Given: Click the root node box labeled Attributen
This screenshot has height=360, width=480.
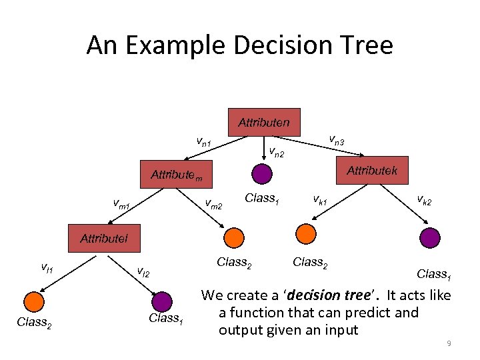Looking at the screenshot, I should [x=264, y=122].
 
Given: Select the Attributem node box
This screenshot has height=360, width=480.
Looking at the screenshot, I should [x=176, y=175].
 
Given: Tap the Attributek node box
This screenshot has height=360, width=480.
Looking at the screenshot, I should [x=372, y=171].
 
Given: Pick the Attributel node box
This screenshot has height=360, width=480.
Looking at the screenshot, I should [x=103, y=238].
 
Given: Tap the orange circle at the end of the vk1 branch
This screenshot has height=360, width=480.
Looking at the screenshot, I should [x=305, y=233].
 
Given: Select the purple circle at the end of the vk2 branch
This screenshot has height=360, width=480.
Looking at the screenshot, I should [x=429, y=238].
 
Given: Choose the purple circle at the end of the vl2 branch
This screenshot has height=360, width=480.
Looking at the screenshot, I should [x=161, y=302].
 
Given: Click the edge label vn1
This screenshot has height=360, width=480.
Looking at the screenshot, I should [x=203, y=141].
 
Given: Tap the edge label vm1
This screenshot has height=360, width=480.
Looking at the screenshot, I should [x=121, y=203].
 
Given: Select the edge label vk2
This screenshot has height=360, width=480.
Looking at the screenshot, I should [x=424, y=198].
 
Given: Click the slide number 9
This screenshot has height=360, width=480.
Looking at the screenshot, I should [x=449, y=343].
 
